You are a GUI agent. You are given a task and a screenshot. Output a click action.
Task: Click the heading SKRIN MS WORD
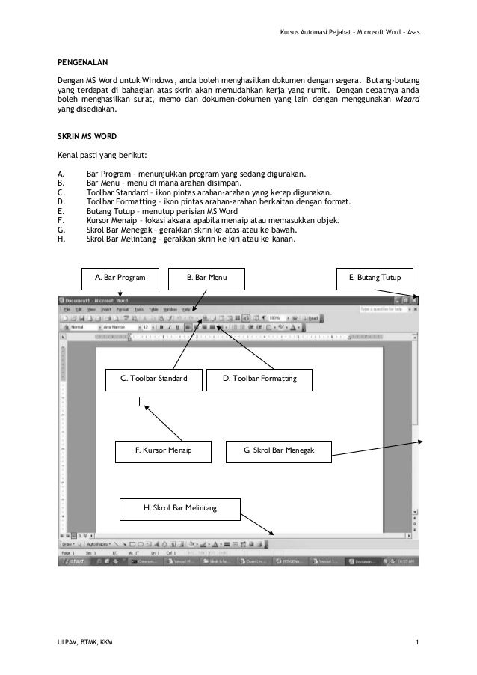[83, 138]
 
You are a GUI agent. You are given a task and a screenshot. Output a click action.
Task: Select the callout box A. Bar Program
[120, 278]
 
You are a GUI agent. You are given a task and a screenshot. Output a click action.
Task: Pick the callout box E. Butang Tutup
[375, 278]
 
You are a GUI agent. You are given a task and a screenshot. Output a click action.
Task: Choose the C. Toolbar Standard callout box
[154, 379]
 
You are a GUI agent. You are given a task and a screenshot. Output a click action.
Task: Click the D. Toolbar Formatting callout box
[259, 379]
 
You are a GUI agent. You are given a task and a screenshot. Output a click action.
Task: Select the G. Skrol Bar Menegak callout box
[279, 450]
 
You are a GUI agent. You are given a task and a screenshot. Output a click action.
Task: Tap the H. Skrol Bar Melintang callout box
[179, 509]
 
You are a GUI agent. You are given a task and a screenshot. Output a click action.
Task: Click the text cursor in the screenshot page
[139, 403]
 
